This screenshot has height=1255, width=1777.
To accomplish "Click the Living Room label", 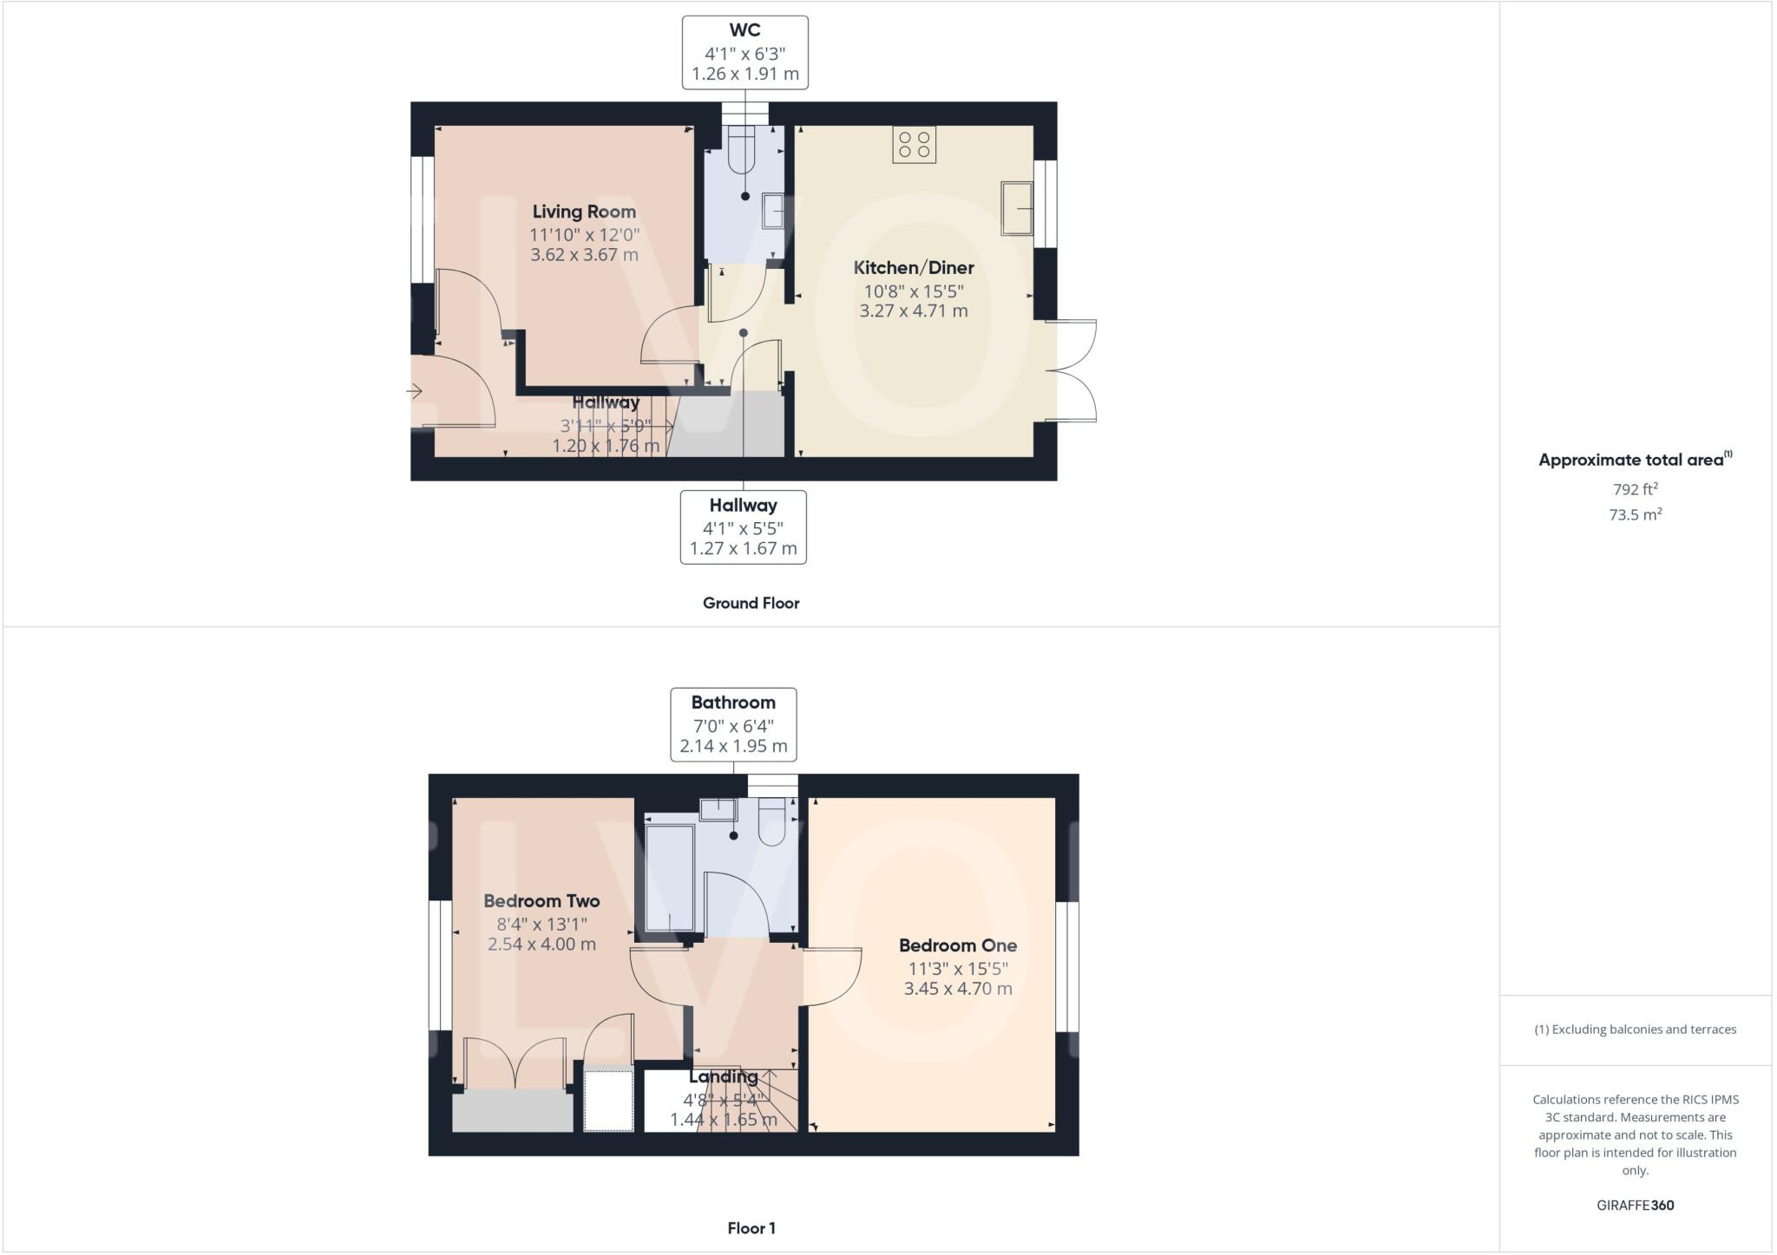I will [584, 212].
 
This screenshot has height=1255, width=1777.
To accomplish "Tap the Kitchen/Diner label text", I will [914, 268].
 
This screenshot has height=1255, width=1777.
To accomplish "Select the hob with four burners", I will [914, 145].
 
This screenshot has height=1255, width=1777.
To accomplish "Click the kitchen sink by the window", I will [1017, 208].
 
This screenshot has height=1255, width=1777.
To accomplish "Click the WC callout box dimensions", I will [744, 63].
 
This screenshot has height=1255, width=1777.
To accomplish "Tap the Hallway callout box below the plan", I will [743, 526].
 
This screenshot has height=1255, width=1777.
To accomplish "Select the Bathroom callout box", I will [733, 724].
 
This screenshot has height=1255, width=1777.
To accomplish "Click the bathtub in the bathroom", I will [670, 878].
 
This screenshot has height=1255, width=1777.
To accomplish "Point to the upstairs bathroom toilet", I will [771, 822].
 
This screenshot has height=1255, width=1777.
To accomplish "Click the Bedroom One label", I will [958, 946].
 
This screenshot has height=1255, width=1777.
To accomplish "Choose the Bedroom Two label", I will [541, 901].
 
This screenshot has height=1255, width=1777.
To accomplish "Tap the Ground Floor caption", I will [751, 604].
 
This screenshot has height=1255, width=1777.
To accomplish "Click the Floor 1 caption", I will [751, 1228].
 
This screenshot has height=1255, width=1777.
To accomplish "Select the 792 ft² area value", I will [1635, 489].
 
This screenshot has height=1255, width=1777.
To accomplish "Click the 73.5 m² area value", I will [1635, 514].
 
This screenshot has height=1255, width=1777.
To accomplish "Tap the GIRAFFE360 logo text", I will [1635, 1205].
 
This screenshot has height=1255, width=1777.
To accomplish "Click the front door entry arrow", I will [414, 392].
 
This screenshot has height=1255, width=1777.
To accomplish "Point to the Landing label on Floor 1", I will [723, 1077].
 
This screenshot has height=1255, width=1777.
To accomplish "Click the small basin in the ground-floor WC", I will [772, 211].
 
